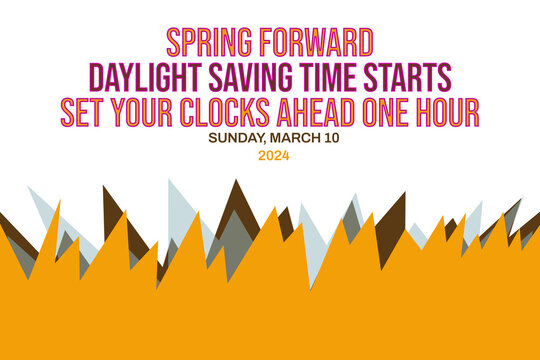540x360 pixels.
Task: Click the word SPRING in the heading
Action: (x=209, y=42)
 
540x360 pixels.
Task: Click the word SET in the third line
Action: (x=84, y=111)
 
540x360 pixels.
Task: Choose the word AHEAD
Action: (x=334, y=111)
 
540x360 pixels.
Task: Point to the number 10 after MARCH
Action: (x=332, y=137)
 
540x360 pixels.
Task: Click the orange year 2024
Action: (x=273, y=155)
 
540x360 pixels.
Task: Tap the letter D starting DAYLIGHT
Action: (x=96, y=77)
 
